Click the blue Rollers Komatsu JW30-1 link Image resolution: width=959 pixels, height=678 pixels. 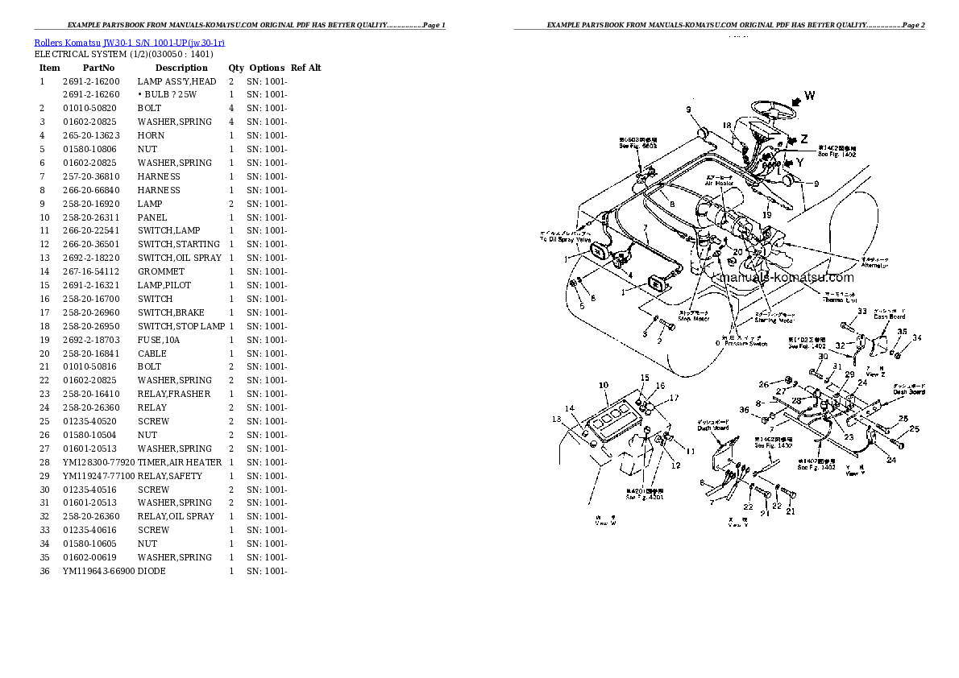coord(129,41)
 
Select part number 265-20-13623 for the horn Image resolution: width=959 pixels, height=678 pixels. coord(91,135)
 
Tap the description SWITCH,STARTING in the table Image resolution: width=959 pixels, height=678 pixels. coord(178,244)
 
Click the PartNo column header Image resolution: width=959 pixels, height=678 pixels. coord(98,68)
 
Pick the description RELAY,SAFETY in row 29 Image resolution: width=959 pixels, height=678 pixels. coord(169,476)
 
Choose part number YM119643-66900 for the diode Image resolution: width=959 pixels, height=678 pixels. coord(98,571)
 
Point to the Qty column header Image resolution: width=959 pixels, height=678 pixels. coord(235,68)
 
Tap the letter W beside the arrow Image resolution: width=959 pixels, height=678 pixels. coord(809,96)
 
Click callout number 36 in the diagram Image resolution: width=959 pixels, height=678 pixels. coord(744,411)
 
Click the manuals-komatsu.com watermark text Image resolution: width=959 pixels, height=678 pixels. coord(786,278)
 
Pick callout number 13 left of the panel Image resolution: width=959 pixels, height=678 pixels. coord(557,419)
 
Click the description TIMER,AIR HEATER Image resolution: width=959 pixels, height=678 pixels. coord(180,462)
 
